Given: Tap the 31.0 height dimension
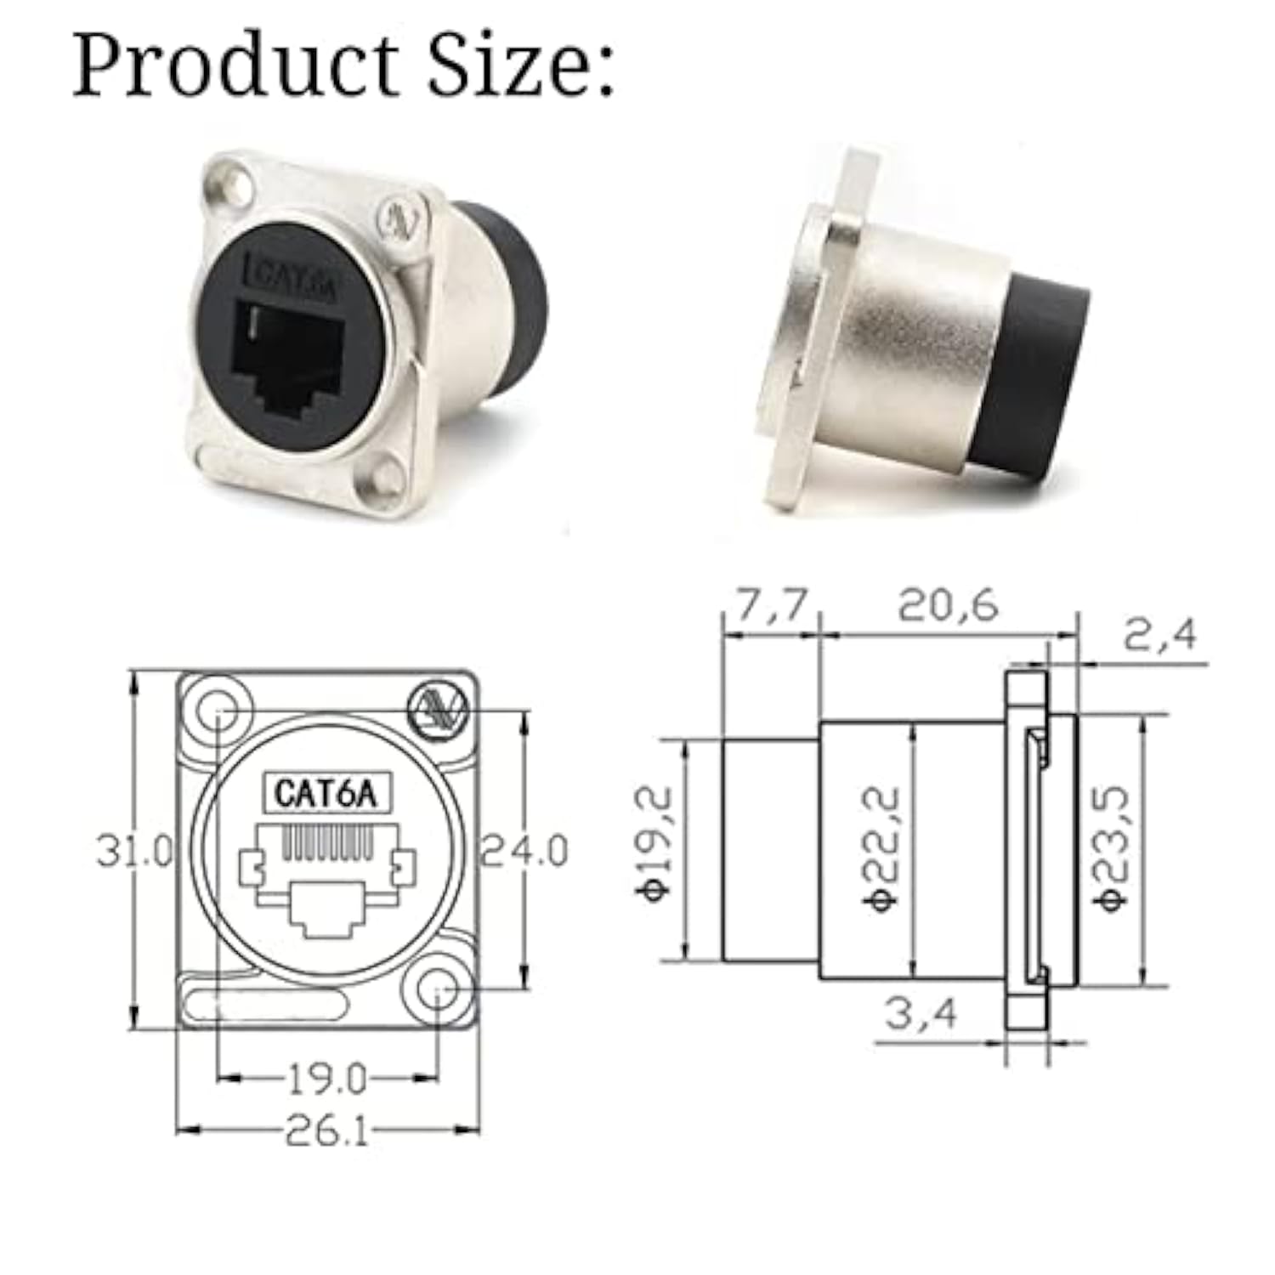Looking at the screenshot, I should [134, 851].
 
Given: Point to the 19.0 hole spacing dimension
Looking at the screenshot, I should [326, 1079].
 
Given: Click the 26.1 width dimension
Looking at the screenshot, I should [326, 1131].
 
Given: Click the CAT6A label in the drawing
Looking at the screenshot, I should [324, 794].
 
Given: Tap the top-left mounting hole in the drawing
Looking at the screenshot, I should [218, 711].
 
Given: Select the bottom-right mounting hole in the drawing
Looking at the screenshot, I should [437, 991].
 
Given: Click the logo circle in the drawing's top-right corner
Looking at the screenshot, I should [436, 709].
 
